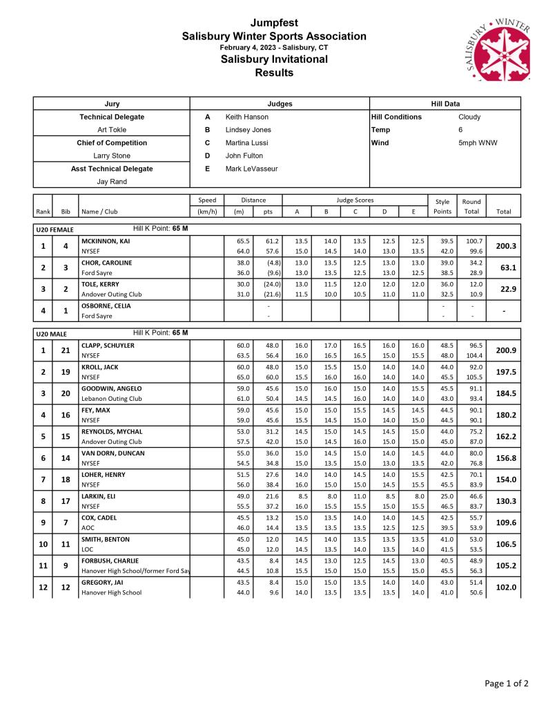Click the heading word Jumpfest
(x=274, y=23)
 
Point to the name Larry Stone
(x=112, y=155)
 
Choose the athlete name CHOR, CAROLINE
(x=106, y=263)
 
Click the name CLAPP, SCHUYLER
(x=108, y=345)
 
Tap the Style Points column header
(x=442, y=206)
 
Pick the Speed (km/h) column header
(x=207, y=206)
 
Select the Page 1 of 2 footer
(x=507, y=684)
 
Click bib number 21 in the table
(x=66, y=350)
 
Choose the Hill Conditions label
(x=396, y=117)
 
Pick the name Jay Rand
(x=112, y=181)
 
